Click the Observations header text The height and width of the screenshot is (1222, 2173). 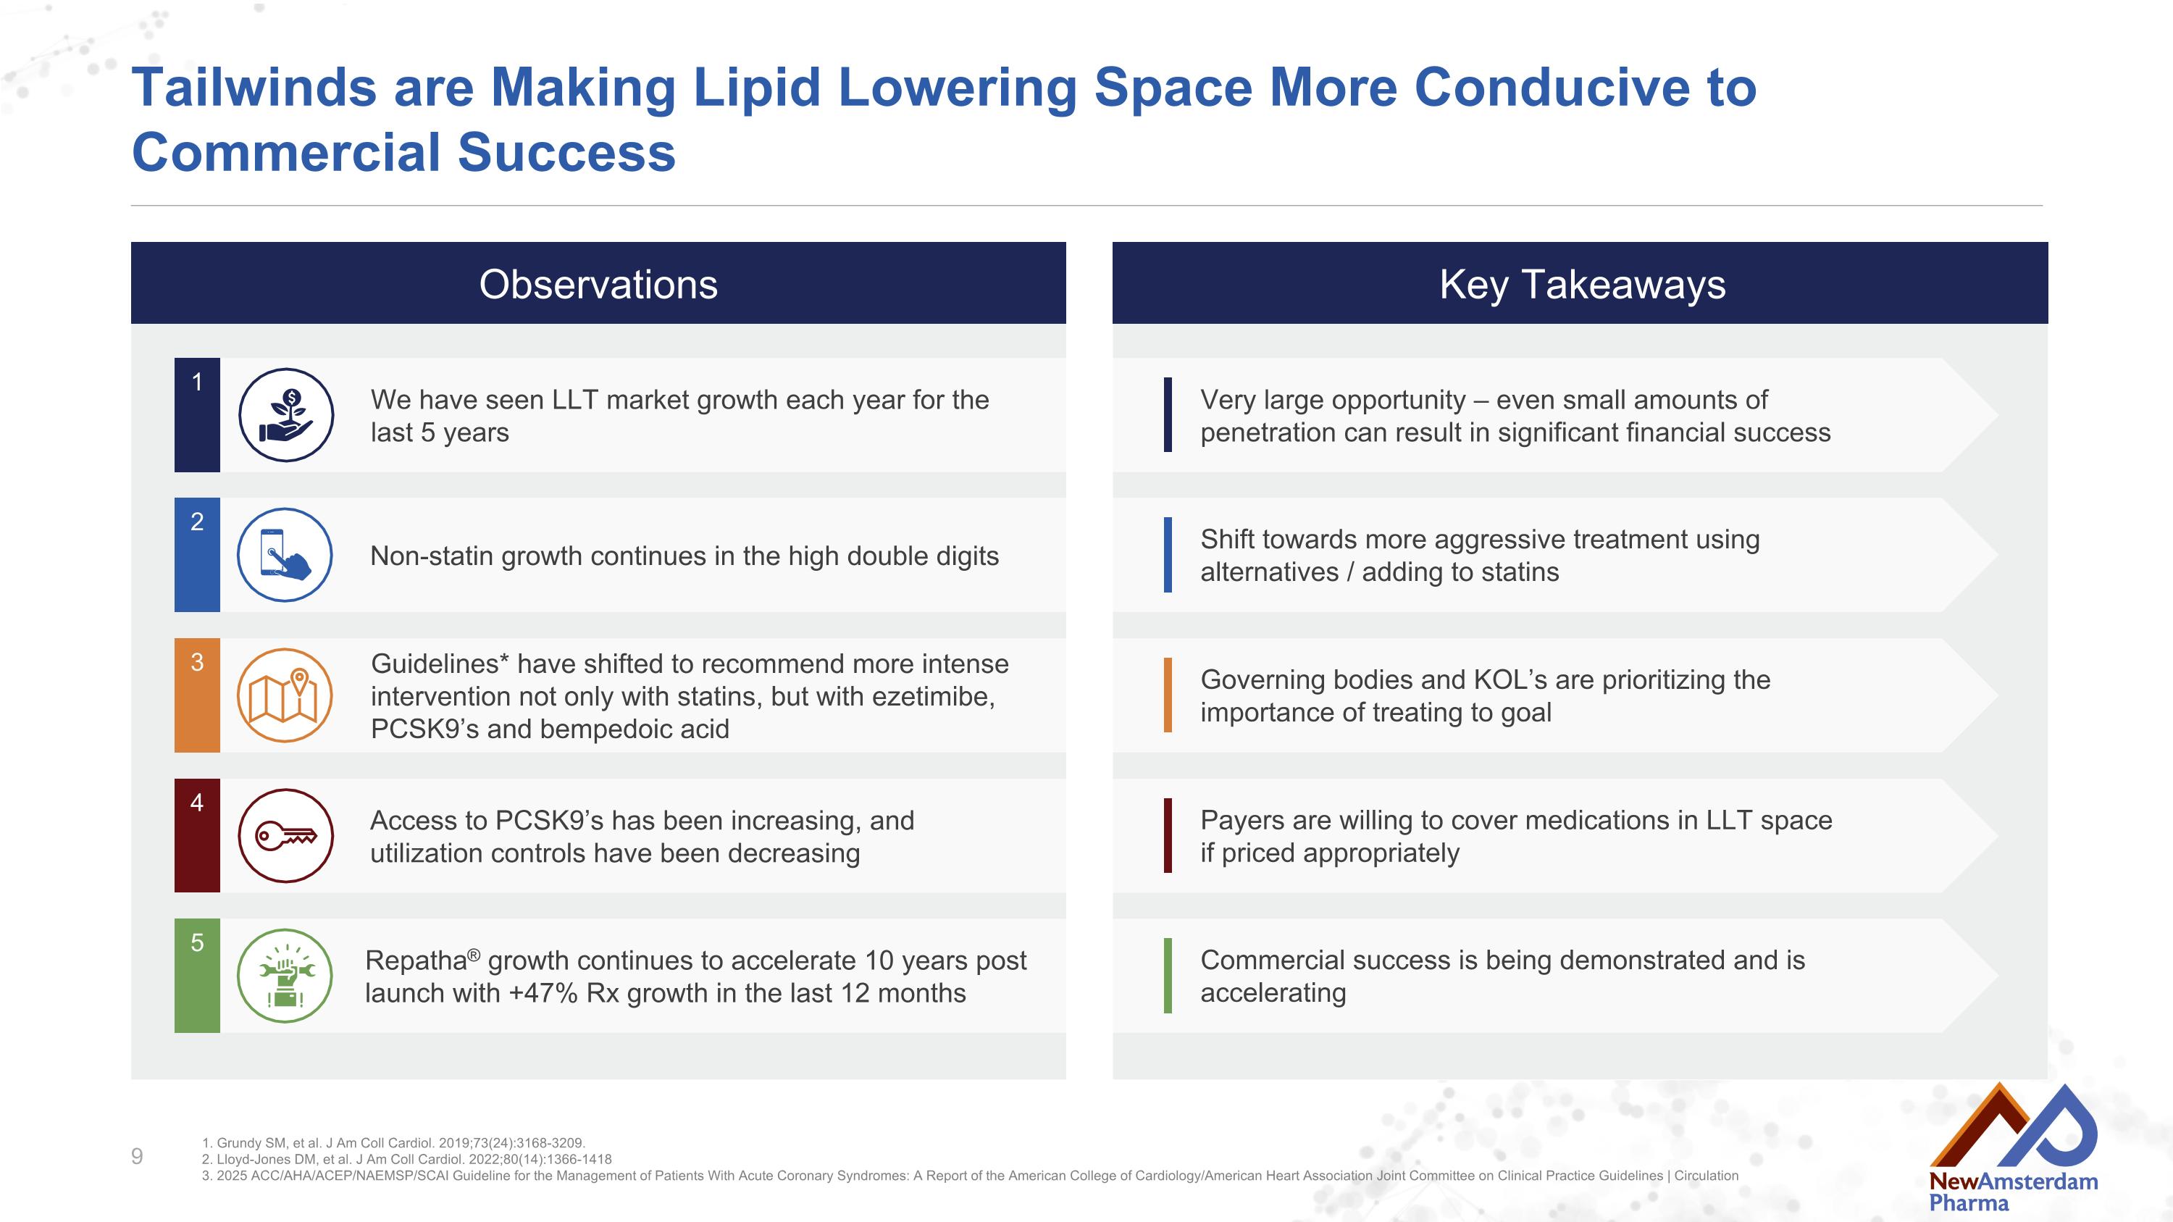coord(598,284)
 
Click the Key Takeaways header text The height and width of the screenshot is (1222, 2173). coord(1582,284)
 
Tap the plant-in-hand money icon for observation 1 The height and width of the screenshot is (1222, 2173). coord(286,415)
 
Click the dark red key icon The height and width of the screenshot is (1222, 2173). coord(286,836)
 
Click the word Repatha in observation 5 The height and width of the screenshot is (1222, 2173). coord(416,961)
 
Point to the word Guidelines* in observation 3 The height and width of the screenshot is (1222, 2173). coord(440,664)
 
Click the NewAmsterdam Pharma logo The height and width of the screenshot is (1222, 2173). coord(2013,1149)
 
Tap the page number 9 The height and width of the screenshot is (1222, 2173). coord(138,1156)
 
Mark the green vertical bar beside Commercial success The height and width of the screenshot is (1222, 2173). coord(1168,976)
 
